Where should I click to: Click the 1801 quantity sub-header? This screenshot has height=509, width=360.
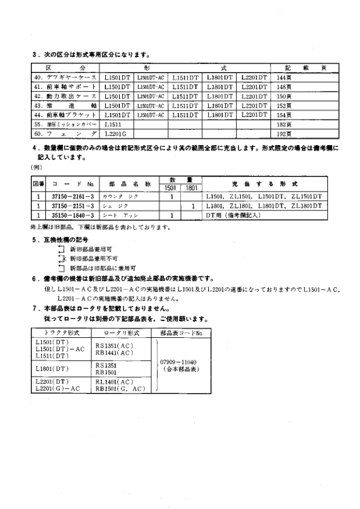pos(191,188)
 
